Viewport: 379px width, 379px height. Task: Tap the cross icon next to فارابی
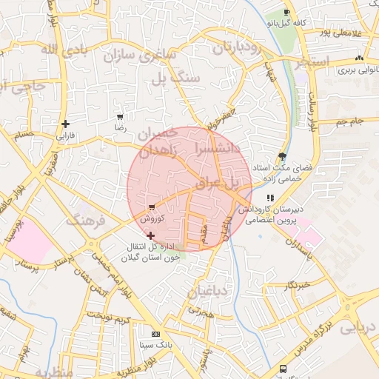(66, 124)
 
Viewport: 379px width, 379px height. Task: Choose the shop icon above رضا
(120, 117)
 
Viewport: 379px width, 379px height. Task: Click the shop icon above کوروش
(151, 207)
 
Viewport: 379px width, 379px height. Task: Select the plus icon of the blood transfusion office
(151, 235)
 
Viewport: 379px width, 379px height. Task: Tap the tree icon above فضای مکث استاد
(282, 155)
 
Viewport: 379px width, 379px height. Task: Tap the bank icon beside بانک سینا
(155, 335)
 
